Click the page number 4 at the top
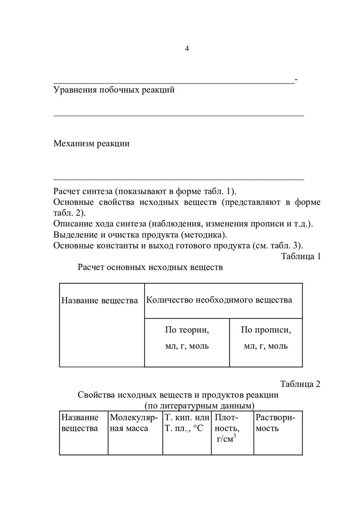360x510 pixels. [x=187, y=49]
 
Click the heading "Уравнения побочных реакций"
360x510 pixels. [x=114, y=90]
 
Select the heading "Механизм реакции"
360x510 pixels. [x=92, y=144]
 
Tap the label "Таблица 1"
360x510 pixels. [x=301, y=256]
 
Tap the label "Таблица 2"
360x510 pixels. [x=300, y=383]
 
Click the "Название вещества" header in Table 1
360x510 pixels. [x=100, y=300]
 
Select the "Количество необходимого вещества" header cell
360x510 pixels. [x=219, y=300]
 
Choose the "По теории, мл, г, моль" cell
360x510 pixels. [x=187, y=337]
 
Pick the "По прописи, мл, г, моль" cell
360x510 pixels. [x=266, y=337]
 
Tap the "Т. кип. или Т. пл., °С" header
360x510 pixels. [x=187, y=423]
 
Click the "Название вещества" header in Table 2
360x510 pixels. [x=80, y=423]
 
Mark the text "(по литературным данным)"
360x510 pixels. [x=200, y=406]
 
